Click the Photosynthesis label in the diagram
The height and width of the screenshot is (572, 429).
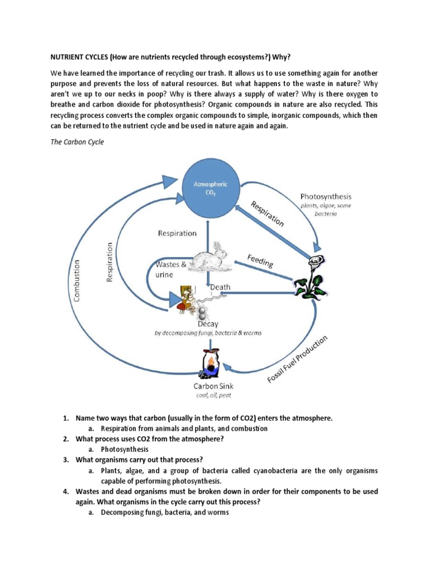326,196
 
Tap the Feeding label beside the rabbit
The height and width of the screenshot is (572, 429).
260,260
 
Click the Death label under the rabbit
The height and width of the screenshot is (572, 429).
220,287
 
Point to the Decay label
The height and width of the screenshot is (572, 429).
208,323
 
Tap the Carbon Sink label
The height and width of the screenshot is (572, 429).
213,386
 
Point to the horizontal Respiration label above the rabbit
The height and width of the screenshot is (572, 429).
177,233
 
